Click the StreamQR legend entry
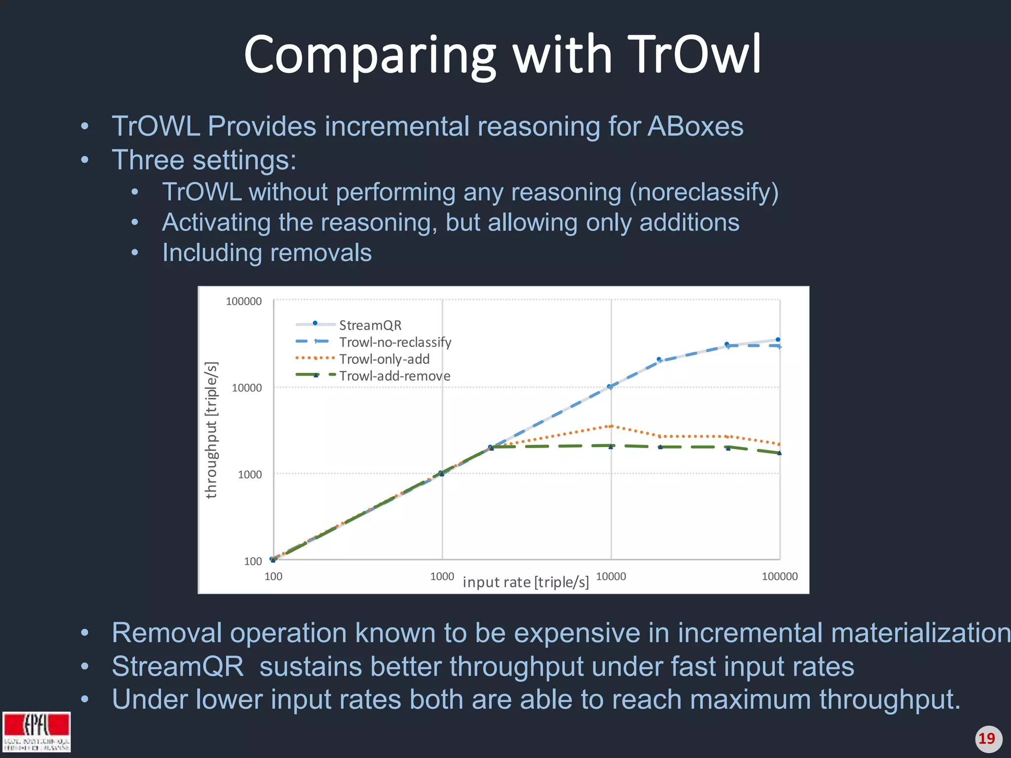tap(370, 325)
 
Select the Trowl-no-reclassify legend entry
tap(395, 342)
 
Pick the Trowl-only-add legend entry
tap(384, 359)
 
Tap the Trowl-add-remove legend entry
tap(394, 376)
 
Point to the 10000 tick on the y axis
tap(246, 388)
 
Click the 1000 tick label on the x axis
tap(442, 576)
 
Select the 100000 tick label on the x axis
tap(779, 576)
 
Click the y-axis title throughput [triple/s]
tap(211, 430)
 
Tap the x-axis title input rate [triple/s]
tap(526, 582)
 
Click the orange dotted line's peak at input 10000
tap(611, 426)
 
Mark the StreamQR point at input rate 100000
tap(778, 340)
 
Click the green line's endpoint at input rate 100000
tap(779, 453)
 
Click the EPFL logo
tap(37, 731)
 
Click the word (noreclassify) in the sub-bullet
tap(703, 192)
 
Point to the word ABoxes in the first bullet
tap(695, 126)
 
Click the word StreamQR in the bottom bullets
tap(178, 666)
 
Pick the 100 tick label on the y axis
tap(253, 561)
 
